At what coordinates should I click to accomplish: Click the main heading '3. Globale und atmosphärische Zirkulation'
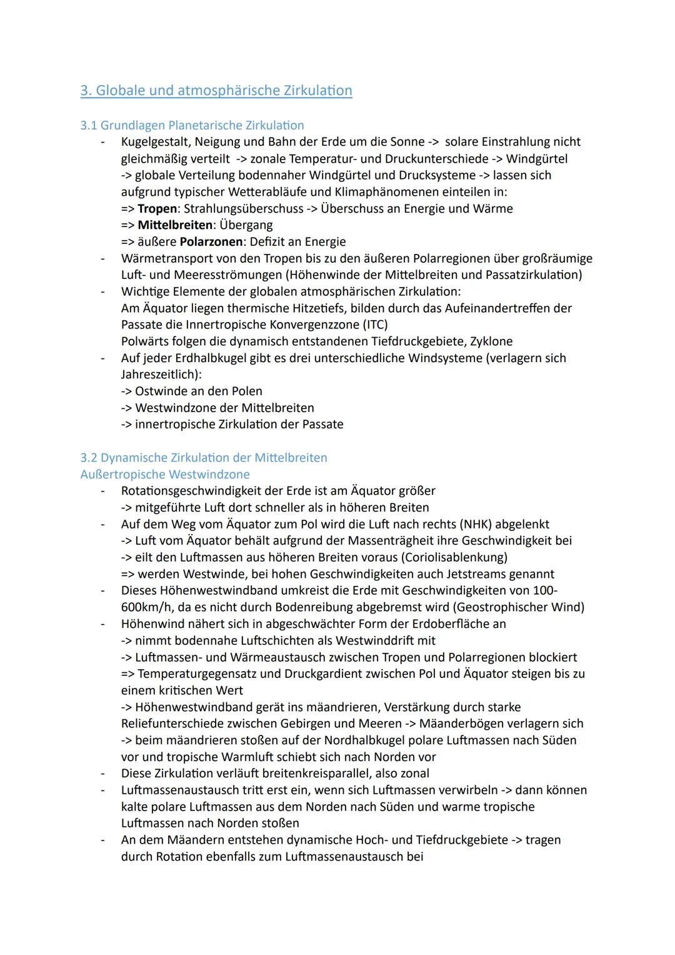pos(216,91)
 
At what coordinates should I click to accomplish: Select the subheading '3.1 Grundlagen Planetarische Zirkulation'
pos(192,125)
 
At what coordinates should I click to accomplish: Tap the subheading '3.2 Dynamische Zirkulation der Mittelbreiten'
pos(203,457)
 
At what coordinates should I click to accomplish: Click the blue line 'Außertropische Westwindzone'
pos(165,474)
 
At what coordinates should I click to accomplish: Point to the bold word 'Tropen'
pos(157,208)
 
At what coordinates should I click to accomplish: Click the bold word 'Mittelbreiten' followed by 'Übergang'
pos(174,225)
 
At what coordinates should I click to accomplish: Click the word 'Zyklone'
pos(491,341)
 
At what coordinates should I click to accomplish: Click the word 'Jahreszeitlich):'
pos(161,375)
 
